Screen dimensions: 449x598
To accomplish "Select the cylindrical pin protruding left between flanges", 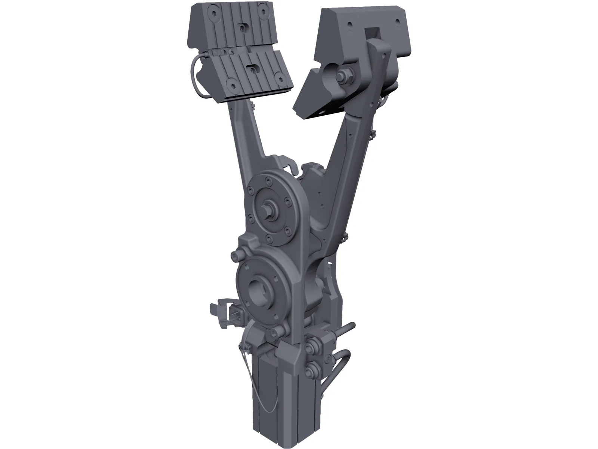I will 236,256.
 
